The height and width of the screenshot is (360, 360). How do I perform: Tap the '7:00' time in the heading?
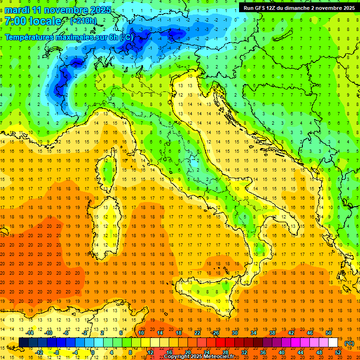pyautogui.click(x=15, y=22)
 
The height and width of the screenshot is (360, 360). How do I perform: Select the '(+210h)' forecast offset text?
pyautogui.click(x=84, y=21)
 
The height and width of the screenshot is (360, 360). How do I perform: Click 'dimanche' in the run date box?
pyautogui.click(x=300, y=8)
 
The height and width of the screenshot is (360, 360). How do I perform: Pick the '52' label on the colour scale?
pyautogui.click(x=338, y=352)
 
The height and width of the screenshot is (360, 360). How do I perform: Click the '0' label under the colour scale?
pyautogui.click(x=93, y=352)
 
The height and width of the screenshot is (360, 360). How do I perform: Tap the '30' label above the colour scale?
pyautogui.click(x=234, y=333)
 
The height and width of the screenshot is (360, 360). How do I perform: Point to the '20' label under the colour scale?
pyautogui.click(x=187, y=352)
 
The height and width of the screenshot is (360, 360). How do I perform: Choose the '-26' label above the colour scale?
pyautogui.click(x=215, y=333)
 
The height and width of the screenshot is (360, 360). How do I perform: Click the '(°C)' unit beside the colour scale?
pyautogui.click(x=349, y=343)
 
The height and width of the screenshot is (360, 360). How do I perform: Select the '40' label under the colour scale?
pyautogui.click(x=281, y=352)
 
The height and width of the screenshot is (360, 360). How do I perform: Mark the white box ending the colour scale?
pyautogui.click(x=333, y=343)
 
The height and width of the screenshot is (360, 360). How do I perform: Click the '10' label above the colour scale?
pyautogui.click(x=141, y=333)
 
